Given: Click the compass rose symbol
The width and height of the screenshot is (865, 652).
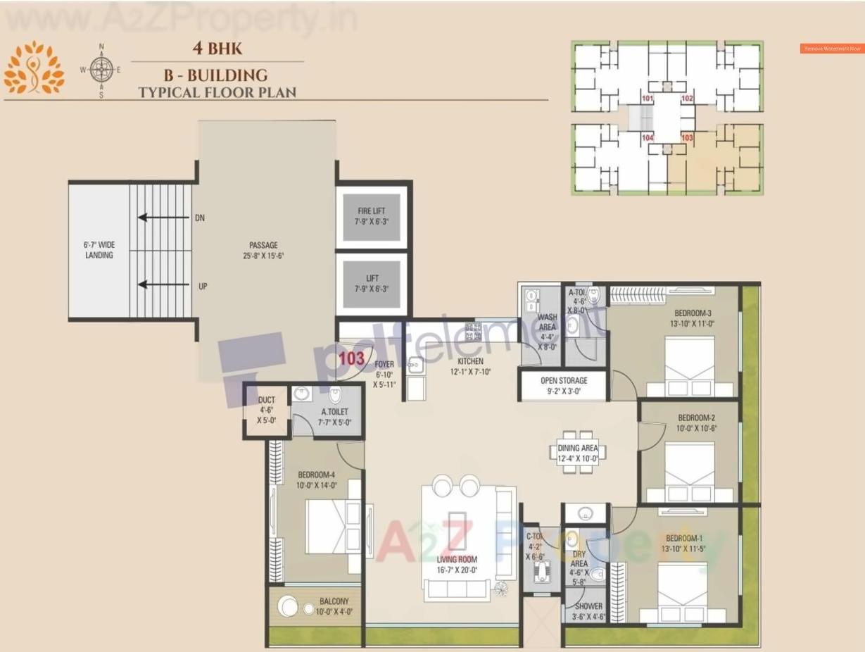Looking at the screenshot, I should click(x=102, y=69).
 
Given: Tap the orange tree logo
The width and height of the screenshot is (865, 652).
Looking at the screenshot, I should click(x=34, y=68).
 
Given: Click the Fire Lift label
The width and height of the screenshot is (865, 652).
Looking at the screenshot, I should click(x=372, y=211).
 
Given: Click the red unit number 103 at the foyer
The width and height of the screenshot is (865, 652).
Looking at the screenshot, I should click(x=351, y=358).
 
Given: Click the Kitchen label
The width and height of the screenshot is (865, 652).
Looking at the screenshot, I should click(x=470, y=361).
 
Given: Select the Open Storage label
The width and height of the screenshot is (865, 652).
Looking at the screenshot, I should click(x=563, y=380).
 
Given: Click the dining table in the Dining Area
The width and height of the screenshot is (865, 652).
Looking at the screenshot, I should click(x=577, y=452).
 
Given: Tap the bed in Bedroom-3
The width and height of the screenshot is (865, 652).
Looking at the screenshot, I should click(x=689, y=366).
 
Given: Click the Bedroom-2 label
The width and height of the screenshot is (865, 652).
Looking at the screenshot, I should click(x=696, y=418).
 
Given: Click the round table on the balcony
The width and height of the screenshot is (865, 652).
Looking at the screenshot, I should click(x=288, y=606).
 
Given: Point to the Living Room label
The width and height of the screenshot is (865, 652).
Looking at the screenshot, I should click(x=456, y=560).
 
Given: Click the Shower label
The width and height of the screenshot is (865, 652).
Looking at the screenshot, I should click(x=588, y=606).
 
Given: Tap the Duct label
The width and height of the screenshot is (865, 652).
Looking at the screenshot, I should click(x=266, y=400).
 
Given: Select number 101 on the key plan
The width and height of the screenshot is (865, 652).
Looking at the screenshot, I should click(x=648, y=99).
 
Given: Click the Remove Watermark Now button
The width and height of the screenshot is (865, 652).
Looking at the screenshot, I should click(x=832, y=49).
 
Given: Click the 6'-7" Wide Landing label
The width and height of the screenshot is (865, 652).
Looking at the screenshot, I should click(x=99, y=250).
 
